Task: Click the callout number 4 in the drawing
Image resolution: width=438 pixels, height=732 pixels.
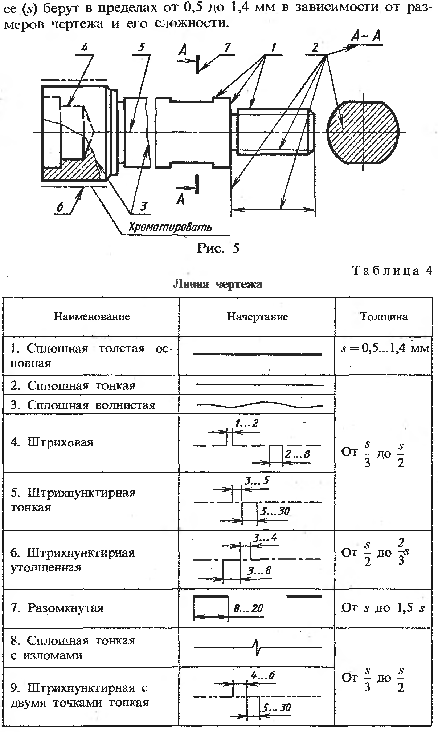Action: (x=85, y=48)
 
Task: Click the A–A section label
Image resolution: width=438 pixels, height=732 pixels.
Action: (x=366, y=37)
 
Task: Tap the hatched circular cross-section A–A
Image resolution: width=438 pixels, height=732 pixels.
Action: (x=363, y=132)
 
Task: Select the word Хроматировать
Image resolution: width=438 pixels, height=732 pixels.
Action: (x=170, y=227)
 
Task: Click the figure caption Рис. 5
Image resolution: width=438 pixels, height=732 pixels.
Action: (x=218, y=248)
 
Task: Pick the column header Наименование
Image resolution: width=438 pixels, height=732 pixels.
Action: (x=91, y=316)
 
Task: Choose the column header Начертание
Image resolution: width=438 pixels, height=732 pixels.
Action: (x=257, y=317)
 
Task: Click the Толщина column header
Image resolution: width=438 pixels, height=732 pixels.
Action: (x=384, y=317)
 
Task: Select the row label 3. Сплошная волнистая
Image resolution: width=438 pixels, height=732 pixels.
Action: (x=83, y=405)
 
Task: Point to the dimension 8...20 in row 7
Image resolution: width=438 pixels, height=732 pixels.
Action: (x=248, y=608)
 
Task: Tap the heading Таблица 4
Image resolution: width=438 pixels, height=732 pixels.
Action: (x=392, y=271)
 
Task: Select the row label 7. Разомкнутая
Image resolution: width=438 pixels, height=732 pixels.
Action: (x=57, y=608)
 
